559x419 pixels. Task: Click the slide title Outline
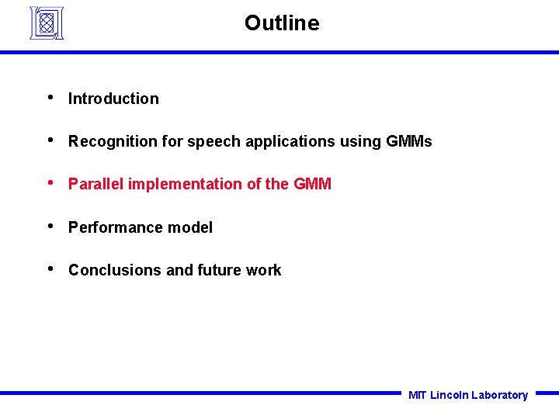(281, 23)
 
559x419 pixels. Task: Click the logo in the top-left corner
(46, 23)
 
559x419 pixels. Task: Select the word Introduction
(113, 99)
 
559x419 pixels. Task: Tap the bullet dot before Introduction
(50, 98)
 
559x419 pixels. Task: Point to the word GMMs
(408, 141)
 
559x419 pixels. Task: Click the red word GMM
(312, 184)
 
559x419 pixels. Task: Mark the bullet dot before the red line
(50, 183)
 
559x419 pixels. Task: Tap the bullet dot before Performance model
(50, 227)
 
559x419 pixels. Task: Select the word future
(220, 270)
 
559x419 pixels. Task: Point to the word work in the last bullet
(264, 270)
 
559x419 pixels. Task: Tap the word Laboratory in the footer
(499, 395)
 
